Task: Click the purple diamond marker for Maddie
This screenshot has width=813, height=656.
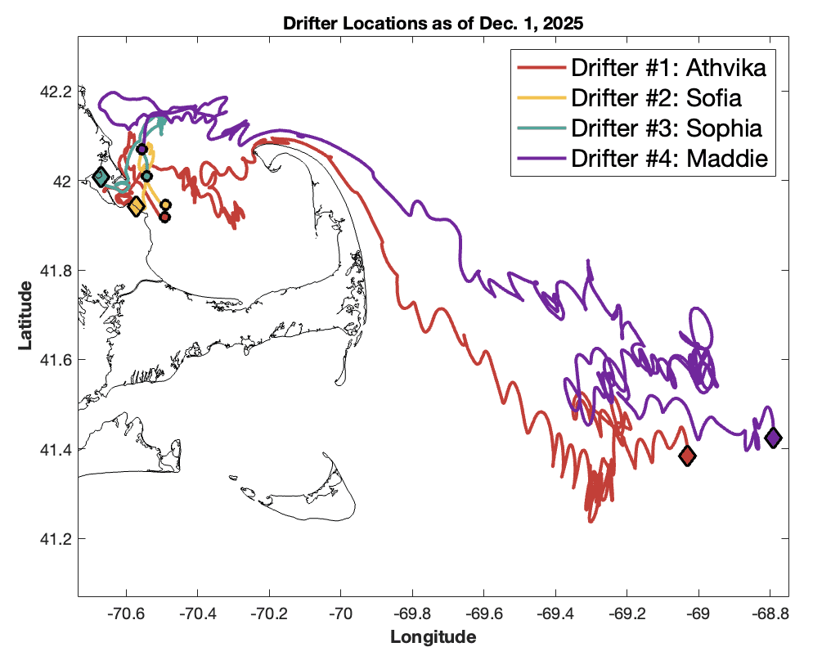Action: tap(772, 438)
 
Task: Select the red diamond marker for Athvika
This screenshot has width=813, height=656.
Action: tap(687, 456)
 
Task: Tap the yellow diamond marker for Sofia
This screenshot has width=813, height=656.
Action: tap(136, 206)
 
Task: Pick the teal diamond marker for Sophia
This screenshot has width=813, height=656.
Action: tap(101, 177)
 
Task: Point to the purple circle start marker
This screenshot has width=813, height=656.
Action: tap(141, 149)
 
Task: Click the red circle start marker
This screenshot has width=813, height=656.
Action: tap(164, 217)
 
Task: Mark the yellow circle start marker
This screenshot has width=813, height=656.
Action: tap(165, 204)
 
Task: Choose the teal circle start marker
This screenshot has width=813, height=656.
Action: tap(146, 176)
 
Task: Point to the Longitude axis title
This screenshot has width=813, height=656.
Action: tap(433, 636)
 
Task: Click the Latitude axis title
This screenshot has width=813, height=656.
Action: tap(26, 315)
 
